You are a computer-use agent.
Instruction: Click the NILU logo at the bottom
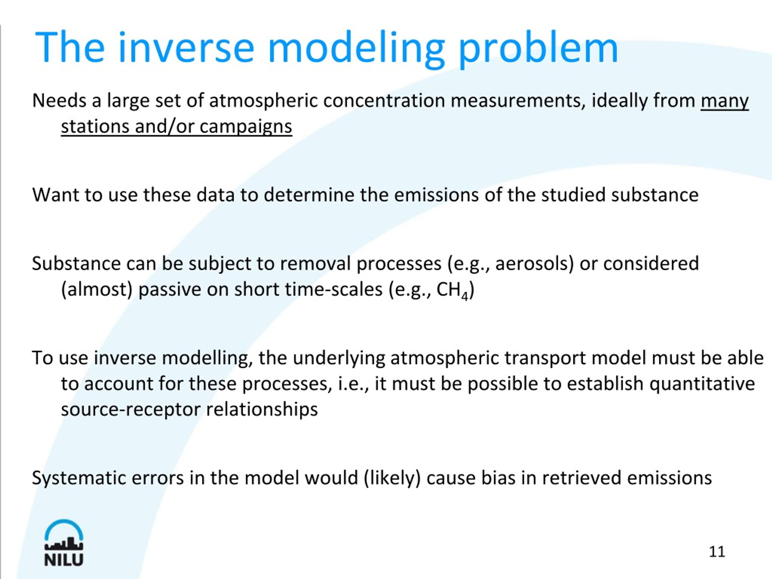(64, 543)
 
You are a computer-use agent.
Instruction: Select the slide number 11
(717, 552)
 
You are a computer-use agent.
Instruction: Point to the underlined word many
(725, 101)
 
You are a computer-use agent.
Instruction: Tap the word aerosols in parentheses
(534, 264)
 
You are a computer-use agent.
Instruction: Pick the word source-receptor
(131, 409)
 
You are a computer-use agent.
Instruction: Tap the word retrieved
(581, 478)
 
